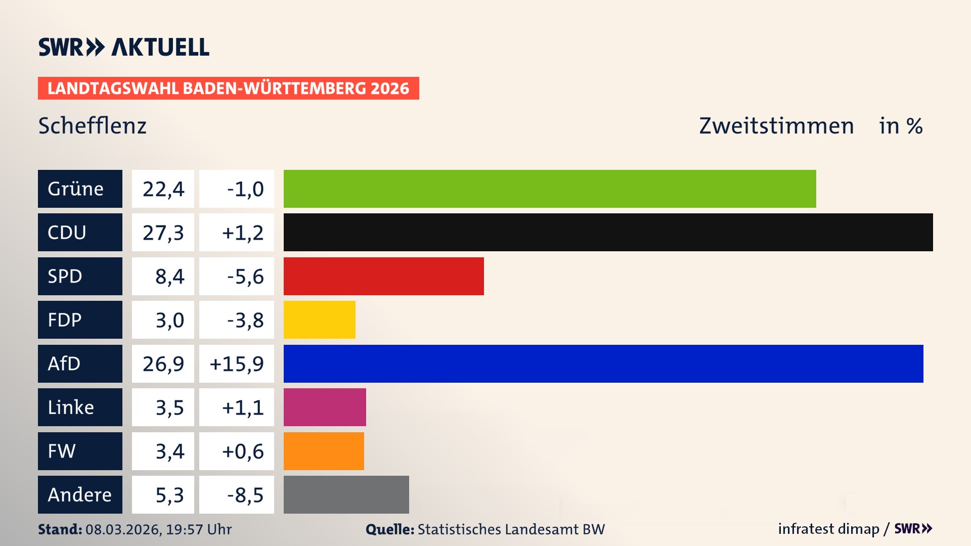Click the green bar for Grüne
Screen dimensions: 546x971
[x=550, y=189]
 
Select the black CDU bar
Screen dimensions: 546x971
[x=608, y=232]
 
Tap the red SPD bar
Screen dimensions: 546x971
[x=383, y=276]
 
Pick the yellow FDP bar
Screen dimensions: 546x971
[x=319, y=320]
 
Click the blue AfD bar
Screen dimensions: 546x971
[x=603, y=363]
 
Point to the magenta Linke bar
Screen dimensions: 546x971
[x=325, y=407]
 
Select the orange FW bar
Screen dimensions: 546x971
[x=324, y=451]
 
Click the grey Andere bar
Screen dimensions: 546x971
[x=346, y=494]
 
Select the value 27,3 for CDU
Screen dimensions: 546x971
[x=163, y=233]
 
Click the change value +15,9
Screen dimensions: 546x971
[x=237, y=363]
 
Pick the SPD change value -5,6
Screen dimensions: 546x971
[x=245, y=277]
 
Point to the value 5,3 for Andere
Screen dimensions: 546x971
[x=169, y=495]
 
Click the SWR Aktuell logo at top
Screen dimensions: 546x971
[x=123, y=47]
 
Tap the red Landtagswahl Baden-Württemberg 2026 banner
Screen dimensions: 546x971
[x=228, y=88]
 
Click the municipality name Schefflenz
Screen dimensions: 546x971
[x=93, y=126]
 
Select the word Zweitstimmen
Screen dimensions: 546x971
[x=776, y=126]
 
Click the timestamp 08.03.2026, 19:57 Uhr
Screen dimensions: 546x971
[x=158, y=529]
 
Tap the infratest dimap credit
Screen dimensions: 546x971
[x=828, y=529]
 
